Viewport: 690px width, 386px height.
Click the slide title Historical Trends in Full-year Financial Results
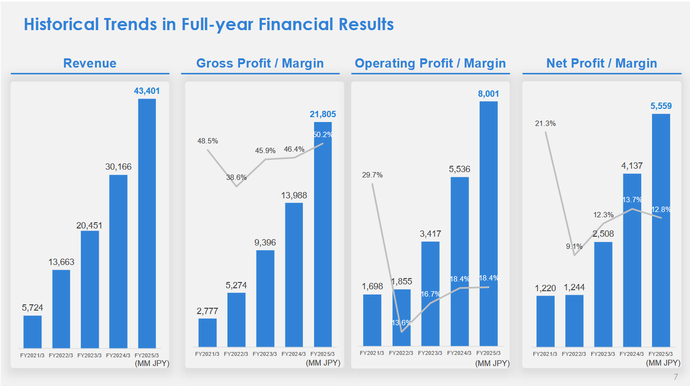tap(208, 24)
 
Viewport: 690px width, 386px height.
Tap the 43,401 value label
tap(147, 91)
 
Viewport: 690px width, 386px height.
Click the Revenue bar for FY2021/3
tap(33, 332)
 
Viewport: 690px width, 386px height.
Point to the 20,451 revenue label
tap(90, 226)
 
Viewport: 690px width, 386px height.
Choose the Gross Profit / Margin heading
tap(260, 63)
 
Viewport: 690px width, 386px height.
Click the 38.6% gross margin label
tap(236, 177)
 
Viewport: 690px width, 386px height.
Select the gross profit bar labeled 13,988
tap(294, 274)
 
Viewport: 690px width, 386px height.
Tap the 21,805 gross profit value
tap(323, 114)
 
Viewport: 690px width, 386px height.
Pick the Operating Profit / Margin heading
tap(430, 63)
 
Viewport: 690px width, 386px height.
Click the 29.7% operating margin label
tap(372, 175)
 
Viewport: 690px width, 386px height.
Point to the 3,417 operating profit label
tap(430, 234)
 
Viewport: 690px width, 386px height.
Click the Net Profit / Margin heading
tap(601, 63)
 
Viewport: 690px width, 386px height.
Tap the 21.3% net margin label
tap(545, 123)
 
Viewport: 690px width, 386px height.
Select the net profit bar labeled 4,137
tap(632, 260)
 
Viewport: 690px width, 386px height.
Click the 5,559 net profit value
tap(661, 106)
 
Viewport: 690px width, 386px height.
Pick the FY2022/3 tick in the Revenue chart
tap(61, 355)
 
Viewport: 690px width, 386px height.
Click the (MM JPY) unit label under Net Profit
tap(663, 363)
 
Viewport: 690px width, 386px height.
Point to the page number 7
tap(675, 377)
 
